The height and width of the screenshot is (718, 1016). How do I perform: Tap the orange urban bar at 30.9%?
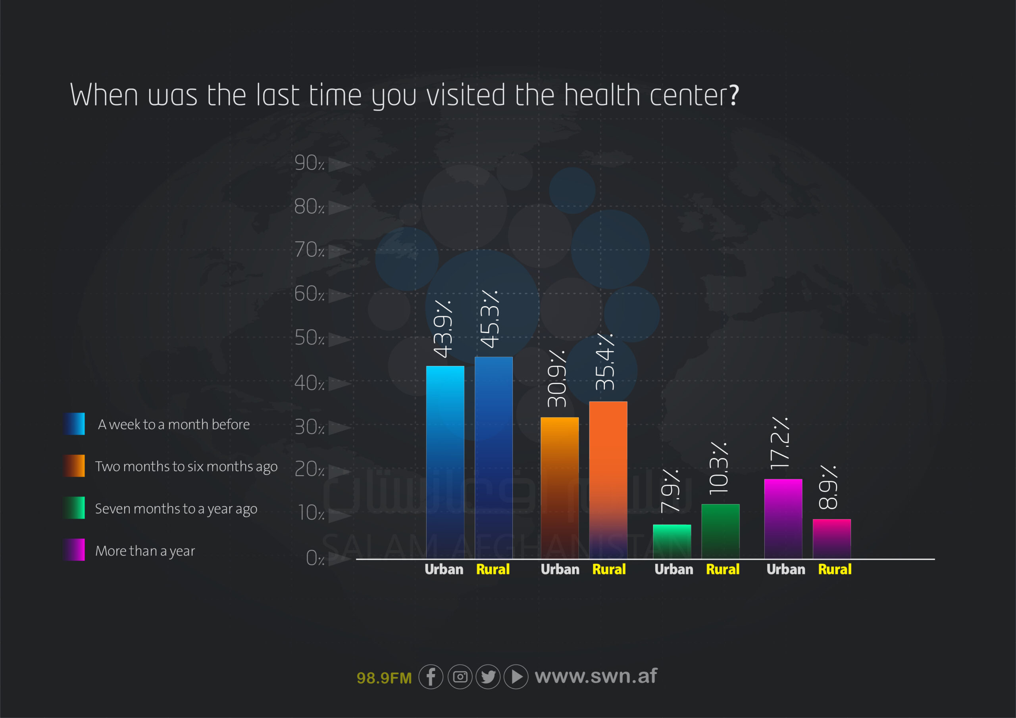coord(559,487)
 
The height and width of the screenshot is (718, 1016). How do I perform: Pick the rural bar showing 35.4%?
coord(608,480)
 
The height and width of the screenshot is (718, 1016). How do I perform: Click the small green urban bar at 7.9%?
coord(672,541)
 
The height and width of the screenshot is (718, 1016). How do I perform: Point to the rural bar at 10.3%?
coord(720,531)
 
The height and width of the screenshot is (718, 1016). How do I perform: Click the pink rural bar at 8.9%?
coord(831,538)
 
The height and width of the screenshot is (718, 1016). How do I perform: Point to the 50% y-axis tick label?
coord(309,338)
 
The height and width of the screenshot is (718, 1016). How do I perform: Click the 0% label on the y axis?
coord(315,558)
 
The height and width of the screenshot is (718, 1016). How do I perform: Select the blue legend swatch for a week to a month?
coord(74,424)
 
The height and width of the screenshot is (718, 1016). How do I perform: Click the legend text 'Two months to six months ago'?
coord(186,466)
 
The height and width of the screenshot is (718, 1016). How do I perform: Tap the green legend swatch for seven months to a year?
coord(74,507)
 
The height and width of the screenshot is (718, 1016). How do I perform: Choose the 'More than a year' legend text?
coord(145,551)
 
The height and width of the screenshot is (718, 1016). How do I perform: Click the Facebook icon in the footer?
coord(431,677)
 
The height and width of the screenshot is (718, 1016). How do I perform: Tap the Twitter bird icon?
coord(488,677)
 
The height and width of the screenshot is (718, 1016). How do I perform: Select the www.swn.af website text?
coord(596,676)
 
